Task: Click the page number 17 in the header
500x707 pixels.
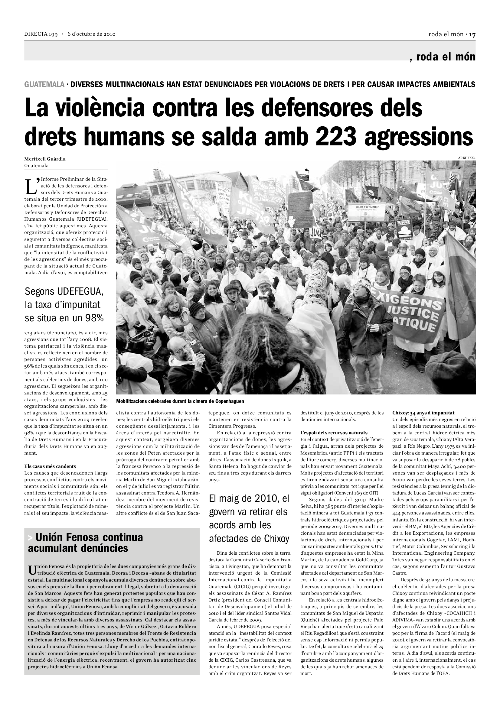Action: click(472, 34)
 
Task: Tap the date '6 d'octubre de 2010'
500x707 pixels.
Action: click(91, 34)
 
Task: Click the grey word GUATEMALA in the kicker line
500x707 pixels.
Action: click(44, 84)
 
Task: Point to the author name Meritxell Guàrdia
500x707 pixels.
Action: click(45, 159)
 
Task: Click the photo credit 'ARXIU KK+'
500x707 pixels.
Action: click(467, 158)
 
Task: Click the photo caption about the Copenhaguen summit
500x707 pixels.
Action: click(180, 401)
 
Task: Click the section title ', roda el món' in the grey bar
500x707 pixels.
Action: click(443, 57)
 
